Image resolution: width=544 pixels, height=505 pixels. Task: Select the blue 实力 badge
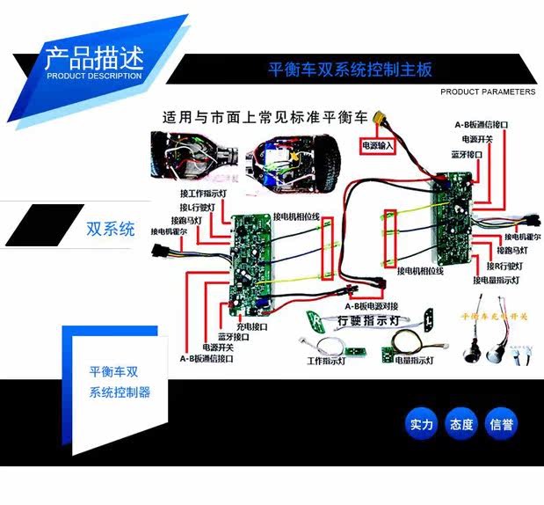click(422, 425)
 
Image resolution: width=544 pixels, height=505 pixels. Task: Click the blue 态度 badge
click(461, 425)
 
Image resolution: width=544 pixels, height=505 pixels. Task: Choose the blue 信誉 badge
click(502, 425)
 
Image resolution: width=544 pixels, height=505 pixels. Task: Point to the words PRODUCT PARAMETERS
click(487, 91)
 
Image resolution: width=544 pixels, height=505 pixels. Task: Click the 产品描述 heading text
click(92, 60)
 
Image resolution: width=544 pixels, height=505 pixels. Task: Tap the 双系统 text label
click(111, 230)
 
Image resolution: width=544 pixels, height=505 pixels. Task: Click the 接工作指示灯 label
click(206, 194)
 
